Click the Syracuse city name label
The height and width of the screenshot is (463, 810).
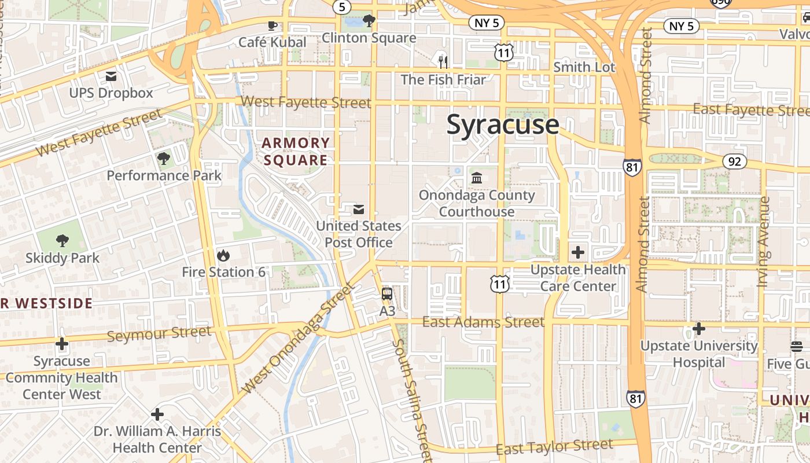point(502,125)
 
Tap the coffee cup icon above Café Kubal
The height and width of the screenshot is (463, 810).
point(272,25)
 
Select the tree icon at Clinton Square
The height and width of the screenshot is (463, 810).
point(369,21)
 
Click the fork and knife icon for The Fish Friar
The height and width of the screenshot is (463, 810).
point(443,61)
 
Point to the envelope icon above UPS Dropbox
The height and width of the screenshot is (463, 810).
point(111,76)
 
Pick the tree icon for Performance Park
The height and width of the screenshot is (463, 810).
point(164,158)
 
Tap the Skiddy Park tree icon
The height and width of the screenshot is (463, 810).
point(62,241)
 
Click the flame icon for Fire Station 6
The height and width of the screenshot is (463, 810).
point(223,255)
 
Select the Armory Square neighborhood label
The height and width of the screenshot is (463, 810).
point(295,152)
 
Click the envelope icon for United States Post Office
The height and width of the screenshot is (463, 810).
point(359,209)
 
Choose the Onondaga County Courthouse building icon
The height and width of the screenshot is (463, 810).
point(477,178)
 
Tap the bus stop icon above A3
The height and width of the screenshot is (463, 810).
point(387,293)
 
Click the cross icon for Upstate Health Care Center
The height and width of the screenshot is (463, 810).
point(577,252)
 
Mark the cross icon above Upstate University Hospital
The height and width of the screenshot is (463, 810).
point(699,329)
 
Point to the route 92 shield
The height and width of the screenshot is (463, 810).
point(734,161)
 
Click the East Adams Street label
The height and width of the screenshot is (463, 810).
point(483,322)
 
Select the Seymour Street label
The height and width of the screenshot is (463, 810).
point(159,333)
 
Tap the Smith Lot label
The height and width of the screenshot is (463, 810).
point(584,67)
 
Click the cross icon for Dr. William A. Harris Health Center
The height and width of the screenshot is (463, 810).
point(157,414)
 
